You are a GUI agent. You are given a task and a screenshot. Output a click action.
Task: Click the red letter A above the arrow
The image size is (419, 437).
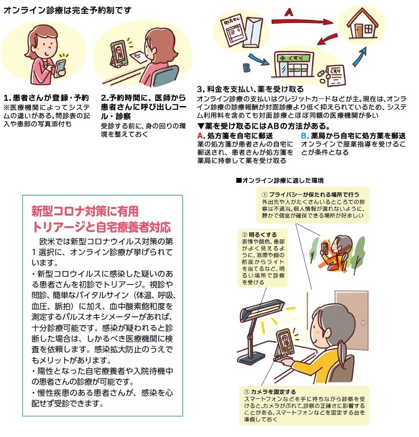pyautogui.click(x=289, y=12)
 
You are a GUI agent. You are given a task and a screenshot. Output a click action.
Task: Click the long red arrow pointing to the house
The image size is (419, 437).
pyautogui.click(x=302, y=21)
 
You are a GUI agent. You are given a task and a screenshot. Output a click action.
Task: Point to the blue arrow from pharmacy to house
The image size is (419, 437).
pyautogui.click(x=360, y=57)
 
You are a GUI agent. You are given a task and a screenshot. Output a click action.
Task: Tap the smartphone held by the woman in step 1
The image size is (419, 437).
pyautogui.click(x=60, y=68)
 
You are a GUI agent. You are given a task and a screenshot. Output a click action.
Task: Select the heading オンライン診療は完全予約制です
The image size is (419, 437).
pyautogui.click(x=67, y=10)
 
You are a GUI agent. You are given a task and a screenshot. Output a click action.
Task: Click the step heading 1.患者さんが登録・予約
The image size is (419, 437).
pyautogui.click(x=46, y=98)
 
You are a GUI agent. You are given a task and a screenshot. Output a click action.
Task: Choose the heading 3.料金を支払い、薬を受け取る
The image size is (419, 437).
pyautogui.click(x=251, y=89)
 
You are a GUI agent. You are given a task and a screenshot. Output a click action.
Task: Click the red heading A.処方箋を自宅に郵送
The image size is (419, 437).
pyautogui.click(x=235, y=136)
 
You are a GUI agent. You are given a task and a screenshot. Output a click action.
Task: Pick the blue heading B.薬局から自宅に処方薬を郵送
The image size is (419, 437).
pyautogui.click(x=353, y=136)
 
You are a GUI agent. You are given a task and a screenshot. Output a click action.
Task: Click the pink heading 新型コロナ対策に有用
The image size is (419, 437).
pyautogui.click(x=85, y=211)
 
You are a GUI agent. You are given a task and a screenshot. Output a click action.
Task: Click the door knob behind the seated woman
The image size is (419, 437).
pyautogui.click(x=363, y=323)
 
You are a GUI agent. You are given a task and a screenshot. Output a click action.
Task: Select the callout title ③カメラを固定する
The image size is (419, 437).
pyautogui.click(x=270, y=392)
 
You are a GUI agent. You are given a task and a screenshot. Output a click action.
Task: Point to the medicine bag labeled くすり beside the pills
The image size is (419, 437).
pyautogui.click(x=336, y=76)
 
